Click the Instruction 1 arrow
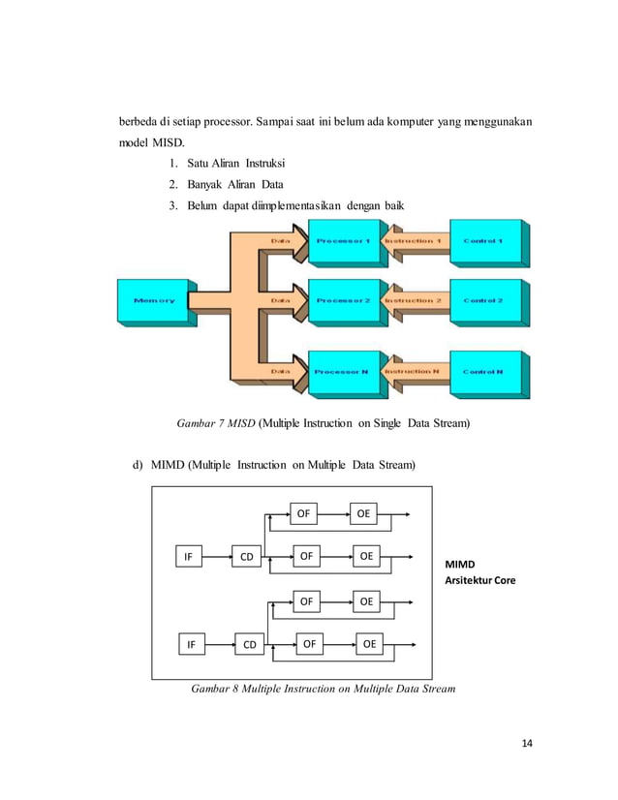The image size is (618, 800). click(414, 242)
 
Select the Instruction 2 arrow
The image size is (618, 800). click(414, 301)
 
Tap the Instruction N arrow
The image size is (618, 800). click(414, 372)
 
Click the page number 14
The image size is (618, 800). click(526, 743)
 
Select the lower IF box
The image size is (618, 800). click(193, 643)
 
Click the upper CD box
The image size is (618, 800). click(247, 557)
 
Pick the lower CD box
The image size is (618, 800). click(249, 643)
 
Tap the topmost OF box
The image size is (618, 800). click(304, 513)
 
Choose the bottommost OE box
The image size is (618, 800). click(369, 643)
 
